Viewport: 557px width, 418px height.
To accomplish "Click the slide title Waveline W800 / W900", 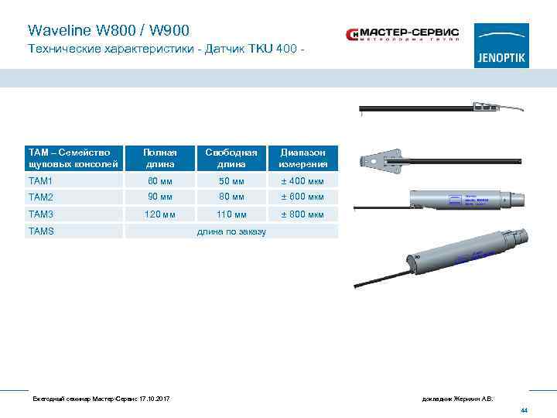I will (108, 31).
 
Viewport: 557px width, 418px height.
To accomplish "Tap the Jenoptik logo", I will (501, 46).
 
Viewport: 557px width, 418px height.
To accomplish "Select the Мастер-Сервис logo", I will (402, 35).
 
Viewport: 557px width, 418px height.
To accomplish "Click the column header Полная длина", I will (162, 158).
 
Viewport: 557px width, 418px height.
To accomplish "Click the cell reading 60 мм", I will (161, 181).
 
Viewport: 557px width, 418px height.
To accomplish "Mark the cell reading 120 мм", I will (161, 214).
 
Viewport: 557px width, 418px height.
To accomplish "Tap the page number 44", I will (524, 409).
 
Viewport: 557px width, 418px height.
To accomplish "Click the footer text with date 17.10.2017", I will (101, 399).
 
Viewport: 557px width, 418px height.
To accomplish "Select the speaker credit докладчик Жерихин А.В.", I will (457, 399).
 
